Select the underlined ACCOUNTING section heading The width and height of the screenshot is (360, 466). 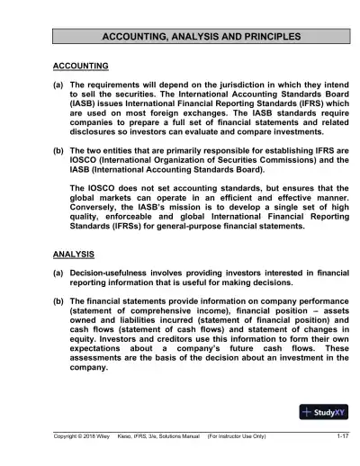(x=81, y=66)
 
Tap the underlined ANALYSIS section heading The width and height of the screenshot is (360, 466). (x=75, y=255)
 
